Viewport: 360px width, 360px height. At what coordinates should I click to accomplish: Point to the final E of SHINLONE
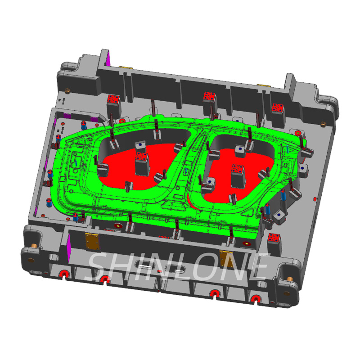(257, 266)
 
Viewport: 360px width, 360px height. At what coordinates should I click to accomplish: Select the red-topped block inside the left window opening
(142, 163)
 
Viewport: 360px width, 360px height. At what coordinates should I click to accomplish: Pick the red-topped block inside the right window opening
(238, 176)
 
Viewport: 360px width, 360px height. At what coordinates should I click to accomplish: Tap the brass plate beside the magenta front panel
(92, 242)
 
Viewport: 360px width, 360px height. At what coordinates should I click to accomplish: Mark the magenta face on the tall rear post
(108, 58)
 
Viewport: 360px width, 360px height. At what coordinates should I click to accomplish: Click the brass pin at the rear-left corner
(67, 91)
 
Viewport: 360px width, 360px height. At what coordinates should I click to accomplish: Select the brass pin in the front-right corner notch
(289, 279)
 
